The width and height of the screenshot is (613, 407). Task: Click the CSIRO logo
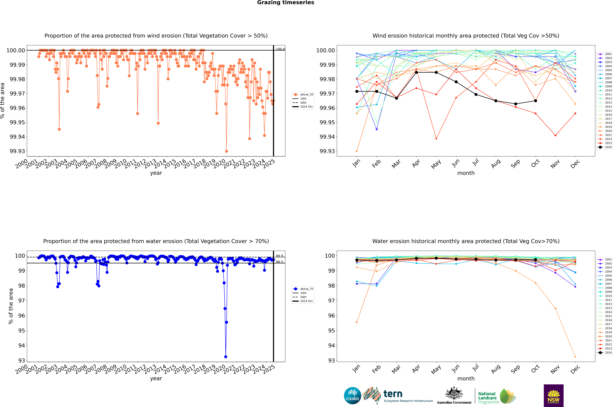(x=352, y=396)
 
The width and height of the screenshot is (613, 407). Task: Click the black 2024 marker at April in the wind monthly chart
(x=416, y=72)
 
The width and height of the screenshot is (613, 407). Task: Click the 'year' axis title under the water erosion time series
(x=156, y=378)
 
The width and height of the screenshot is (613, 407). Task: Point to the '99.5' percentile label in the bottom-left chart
(x=279, y=262)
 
